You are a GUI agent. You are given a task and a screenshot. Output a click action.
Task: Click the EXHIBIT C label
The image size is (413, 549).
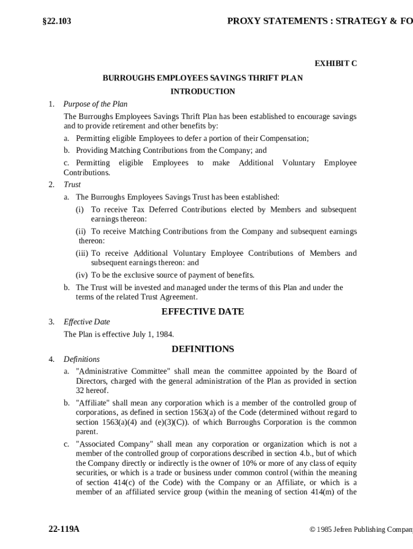tap(335, 64)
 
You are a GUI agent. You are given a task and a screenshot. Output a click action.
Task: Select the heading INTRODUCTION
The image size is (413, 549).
tap(203, 92)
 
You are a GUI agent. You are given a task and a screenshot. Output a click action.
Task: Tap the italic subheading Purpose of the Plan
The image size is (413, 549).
tap(95, 104)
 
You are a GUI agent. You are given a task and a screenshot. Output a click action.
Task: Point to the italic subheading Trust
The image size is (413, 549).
tap(72, 184)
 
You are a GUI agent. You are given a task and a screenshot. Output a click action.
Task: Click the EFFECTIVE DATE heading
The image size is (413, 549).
tap(203, 311)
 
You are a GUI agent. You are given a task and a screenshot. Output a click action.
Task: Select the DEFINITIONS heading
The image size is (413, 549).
tap(203, 349)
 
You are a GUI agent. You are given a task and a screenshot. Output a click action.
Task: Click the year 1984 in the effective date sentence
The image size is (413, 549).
tap(165, 334)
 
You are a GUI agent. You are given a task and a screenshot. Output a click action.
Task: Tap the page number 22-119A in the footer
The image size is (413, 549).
tap(64, 529)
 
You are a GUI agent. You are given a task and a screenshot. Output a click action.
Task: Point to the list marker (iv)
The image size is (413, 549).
tap(82, 276)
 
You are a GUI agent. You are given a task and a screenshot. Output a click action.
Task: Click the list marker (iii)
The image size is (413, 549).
tap(82, 253)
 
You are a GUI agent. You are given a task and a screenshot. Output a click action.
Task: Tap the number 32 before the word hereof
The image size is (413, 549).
tap(80, 391)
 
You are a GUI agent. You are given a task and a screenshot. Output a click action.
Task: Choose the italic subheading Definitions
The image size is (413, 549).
tap(82, 359)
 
